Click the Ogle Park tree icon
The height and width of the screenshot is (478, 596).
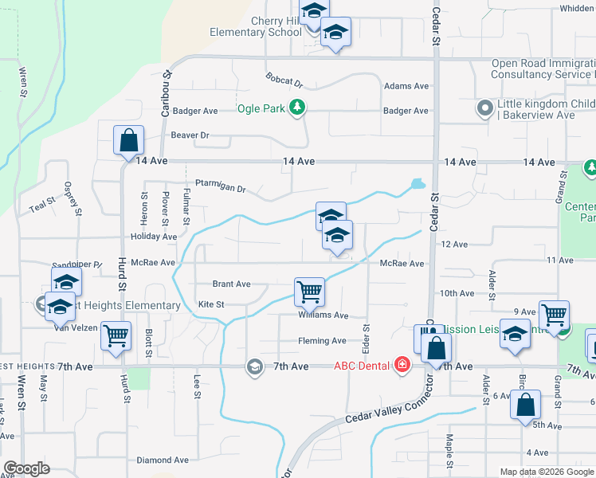pyautogui.click(x=297, y=108)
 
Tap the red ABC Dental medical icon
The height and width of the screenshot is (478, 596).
pyautogui.click(x=402, y=366)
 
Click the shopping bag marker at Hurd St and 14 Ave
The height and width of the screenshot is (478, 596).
pyautogui.click(x=128, y=141)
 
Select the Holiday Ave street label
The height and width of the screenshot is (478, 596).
pyautogui.click(x=153, y=237)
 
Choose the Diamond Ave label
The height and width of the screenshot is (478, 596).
pyautogui.click(x=163, y=460)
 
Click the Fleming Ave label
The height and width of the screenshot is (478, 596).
pyautogui.click(x=322, y=341)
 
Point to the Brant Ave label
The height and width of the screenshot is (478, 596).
pyautogui.click(x=231, y=284)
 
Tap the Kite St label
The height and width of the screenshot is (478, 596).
pyautogui.click(x=210, y=304)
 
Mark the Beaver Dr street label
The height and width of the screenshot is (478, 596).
pyautogui.click(x=189, y=135)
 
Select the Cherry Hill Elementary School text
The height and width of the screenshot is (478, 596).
pyautogui.click(x=245, y=26)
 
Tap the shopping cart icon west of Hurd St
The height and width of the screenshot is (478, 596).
pyautogui.click(x=116, y=335)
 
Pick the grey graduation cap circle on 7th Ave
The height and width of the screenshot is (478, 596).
pyautogui.click(x=254, y=366)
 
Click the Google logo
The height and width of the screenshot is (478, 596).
pyautogui.click(x=27, y=468)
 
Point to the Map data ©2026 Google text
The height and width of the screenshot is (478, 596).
pyautogui.click(x=546, y=472)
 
